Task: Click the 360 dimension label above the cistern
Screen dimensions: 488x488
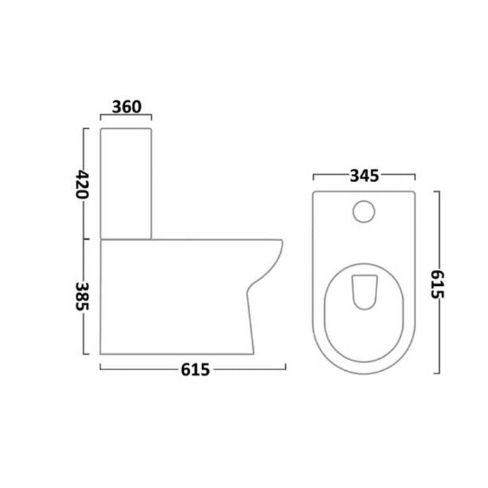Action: pos(127,107)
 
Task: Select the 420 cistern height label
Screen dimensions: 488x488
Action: pos(82,184)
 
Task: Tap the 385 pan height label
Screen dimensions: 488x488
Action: pos(82,296)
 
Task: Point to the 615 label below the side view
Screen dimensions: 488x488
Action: pos(195,369)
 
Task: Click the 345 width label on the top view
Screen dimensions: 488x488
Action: pos(365,176)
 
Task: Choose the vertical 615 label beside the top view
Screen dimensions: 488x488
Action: pos(437,284)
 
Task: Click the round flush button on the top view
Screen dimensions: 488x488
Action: pos(364,212)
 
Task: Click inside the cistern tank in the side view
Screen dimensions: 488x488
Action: pos(125,183)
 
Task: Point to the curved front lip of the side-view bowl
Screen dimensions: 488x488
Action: pos(274,264)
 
